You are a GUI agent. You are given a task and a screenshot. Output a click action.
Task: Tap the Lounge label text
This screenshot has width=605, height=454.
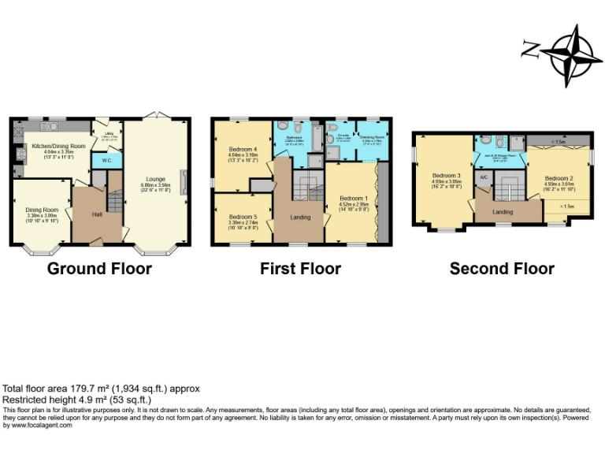pyautogui.click(x=155, y=179)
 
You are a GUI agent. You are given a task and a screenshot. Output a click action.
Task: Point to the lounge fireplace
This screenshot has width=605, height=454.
pyautogui.click(x=184, y=182)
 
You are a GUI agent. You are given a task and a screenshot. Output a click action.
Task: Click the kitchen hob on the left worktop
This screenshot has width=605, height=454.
pyautogui.click(x=17, y=146)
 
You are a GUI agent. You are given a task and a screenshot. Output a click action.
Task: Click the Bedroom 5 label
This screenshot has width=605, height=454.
pyautogui.click(x=242, y=217)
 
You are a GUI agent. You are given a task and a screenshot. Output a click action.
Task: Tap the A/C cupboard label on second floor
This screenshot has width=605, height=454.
pyautogui.click(x=484, y=178)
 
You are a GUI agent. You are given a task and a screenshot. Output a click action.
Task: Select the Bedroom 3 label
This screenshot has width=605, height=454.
pyautogui.click(x=446, y=176)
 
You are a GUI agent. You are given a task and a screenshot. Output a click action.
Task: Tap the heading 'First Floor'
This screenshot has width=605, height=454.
pyautogui.click(x=300, y=269)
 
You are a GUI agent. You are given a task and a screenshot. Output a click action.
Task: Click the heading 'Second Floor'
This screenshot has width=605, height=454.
pyautogui.click(x=501, y=269)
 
